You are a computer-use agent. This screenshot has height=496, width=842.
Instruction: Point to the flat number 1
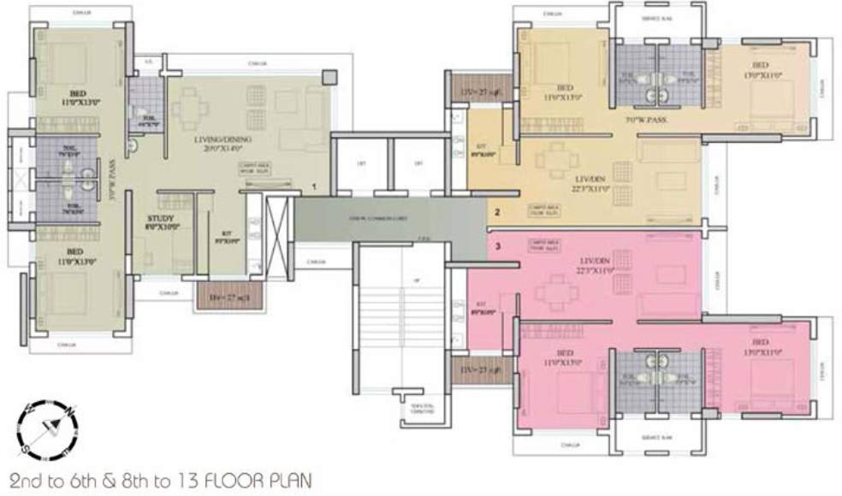316,186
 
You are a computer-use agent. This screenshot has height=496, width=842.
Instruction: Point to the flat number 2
498,210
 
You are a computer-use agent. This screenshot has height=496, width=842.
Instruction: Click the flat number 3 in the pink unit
498,247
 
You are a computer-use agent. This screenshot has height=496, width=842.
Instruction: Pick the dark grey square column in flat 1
329,77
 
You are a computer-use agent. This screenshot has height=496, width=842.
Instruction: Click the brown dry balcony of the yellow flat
468,90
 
